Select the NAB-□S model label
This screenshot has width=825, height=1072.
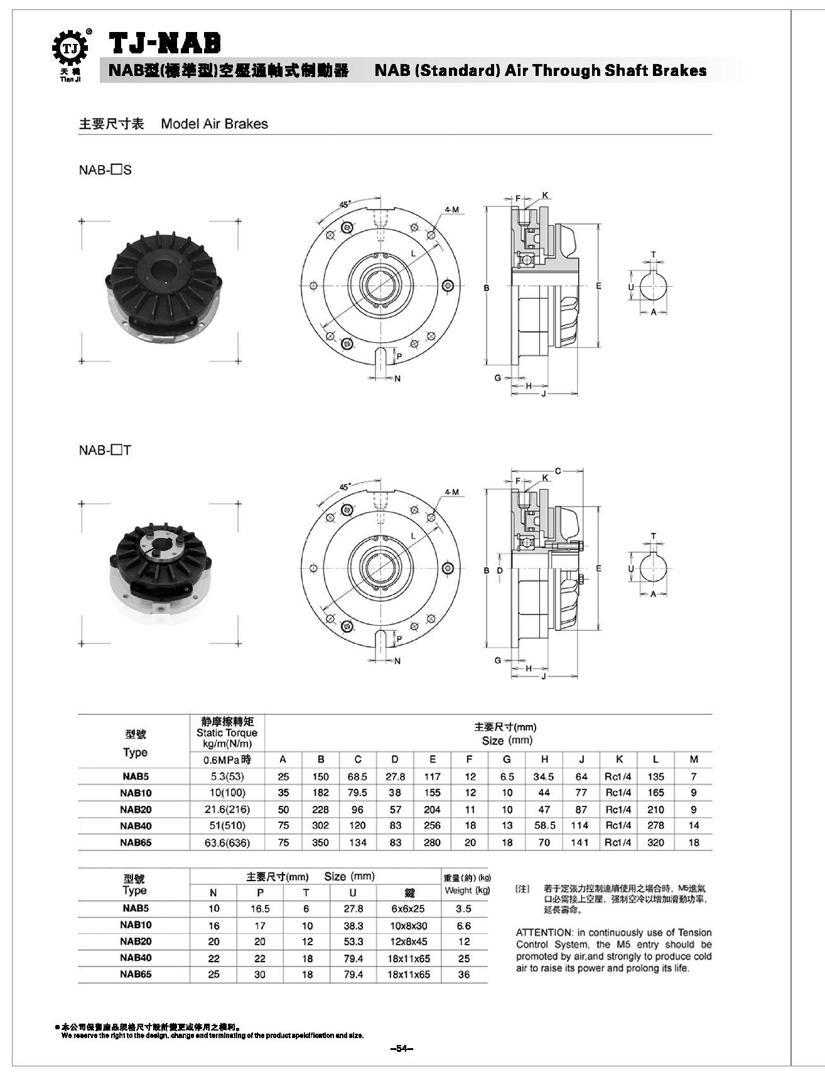[105, 170]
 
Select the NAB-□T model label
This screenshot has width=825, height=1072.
[105, 450]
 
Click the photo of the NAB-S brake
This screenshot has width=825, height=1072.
[161, 291]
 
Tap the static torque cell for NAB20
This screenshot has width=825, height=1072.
[227, 810]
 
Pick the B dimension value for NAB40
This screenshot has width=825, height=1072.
[320, 826]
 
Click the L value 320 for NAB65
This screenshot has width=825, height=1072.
[655, 842]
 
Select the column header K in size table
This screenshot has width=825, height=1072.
[619, 759]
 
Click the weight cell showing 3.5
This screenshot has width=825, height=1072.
[463, 909]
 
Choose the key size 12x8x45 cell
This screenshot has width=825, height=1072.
[409, 941]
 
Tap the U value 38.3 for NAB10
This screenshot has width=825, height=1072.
[353, 925]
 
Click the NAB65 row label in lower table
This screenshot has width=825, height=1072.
[136, 974]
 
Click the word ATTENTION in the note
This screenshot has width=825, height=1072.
[544, 933]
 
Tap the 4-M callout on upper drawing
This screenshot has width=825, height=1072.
[451, 210]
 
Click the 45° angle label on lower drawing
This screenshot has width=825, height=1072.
[345, 487]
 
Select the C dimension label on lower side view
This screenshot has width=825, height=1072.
[558, 471]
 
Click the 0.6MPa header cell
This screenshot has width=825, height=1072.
[227, 759]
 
